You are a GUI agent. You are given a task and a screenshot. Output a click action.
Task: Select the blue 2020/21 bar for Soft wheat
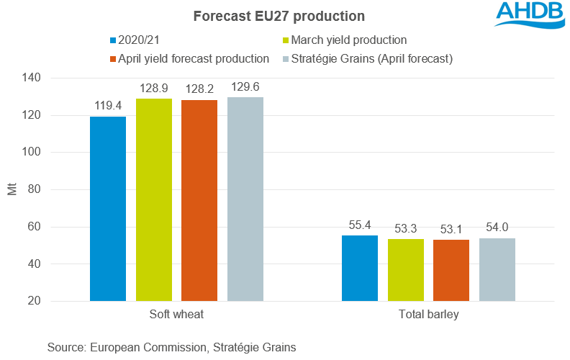pyautogui.click(x=108, y=209)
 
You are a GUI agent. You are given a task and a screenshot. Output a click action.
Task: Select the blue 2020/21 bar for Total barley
pyautogui.click(x=360, y=268)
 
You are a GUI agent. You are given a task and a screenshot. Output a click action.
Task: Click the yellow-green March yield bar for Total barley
pyautogui.click(x=406, y=270)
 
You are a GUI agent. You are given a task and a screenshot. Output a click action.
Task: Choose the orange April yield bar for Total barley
pyautogui.click(x=451, y=270)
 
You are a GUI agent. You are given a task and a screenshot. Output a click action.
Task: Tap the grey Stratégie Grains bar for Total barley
pyautogui.click(x=497, y=269)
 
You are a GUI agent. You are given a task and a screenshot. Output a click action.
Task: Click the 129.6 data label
pyautogui.click(x=245, y=87)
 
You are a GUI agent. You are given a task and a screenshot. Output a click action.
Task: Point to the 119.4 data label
pyautogui.click(x=108, y=106)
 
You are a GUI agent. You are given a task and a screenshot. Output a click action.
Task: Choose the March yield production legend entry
pyautogui.click(x=345, y=40)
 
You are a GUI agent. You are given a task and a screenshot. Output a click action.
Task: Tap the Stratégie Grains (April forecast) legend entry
pyautogui.click(x=367, y=59)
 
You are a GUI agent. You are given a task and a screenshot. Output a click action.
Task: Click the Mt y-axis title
pyautogui.click(x=13, y=190)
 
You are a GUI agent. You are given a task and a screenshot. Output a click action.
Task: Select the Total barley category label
pyautogui.click(x=428, y=315)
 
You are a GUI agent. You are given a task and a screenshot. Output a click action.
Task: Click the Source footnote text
pyautogui.click(x=172, y=347)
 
